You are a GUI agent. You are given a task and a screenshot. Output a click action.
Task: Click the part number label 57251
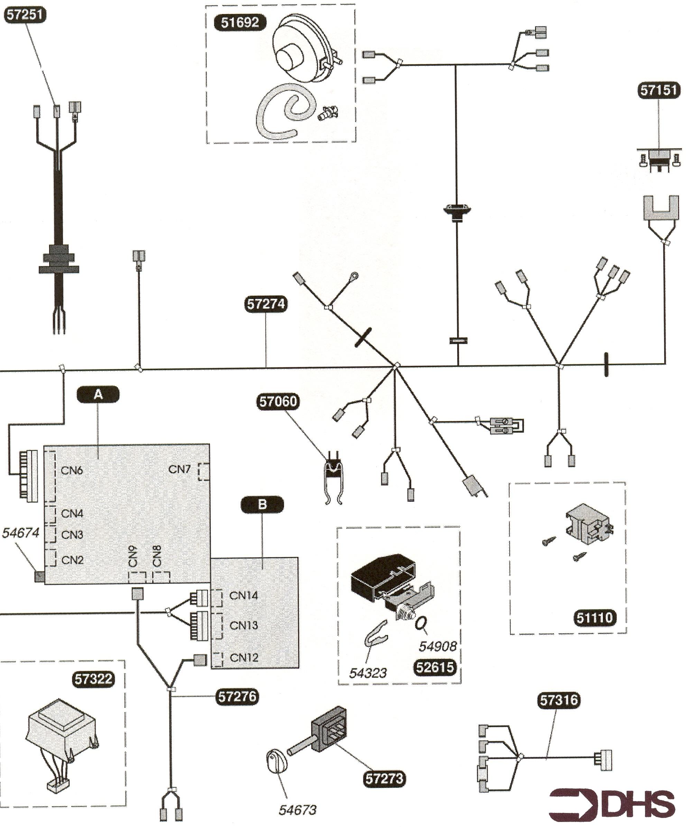pyautogui.click(x=25, y=15)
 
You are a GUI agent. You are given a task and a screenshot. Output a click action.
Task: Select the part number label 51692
pyautogui.click(x=240, y=22)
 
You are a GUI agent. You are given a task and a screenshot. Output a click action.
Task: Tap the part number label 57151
pyautogui.click(x=658, y=90)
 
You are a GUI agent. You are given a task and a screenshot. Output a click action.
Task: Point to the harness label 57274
pyautogui.click(x=266, y=304)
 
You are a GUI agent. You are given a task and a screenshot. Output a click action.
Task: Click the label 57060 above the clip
pyautogui.click(x=278, y=402)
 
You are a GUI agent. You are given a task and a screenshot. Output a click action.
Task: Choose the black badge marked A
pyautogui.click(x=98, y=394)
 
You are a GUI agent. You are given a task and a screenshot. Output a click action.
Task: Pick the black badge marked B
pyautogui.click(x=262, y=504)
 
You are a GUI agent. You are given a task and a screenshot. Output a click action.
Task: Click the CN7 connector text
pyautogui.click(x=179, y=469)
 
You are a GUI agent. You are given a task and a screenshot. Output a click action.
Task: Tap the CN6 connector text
pyautogui.click(x=72, y=470)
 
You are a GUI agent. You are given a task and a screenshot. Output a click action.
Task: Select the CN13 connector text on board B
pyautogui.click(x=243, y=626)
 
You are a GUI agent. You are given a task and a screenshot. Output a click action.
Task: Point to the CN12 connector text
pyautogui.click(x=244, y=658)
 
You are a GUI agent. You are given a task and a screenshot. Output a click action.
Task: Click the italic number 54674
pyautogui.click(x=21, y=533)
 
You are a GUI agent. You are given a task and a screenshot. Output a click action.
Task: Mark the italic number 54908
pyautogui.click(x=437, y=646)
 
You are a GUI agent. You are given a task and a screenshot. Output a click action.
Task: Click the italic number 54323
pyautogui.click(x=368, y=673)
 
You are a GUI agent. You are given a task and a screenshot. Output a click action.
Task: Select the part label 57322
pyautogui.click(x=94, y=679)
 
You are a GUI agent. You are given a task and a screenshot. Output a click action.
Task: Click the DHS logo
pyautogui.click(x=612, y=803)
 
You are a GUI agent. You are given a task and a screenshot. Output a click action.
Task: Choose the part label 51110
pyautogui.click(x=595, y=617)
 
